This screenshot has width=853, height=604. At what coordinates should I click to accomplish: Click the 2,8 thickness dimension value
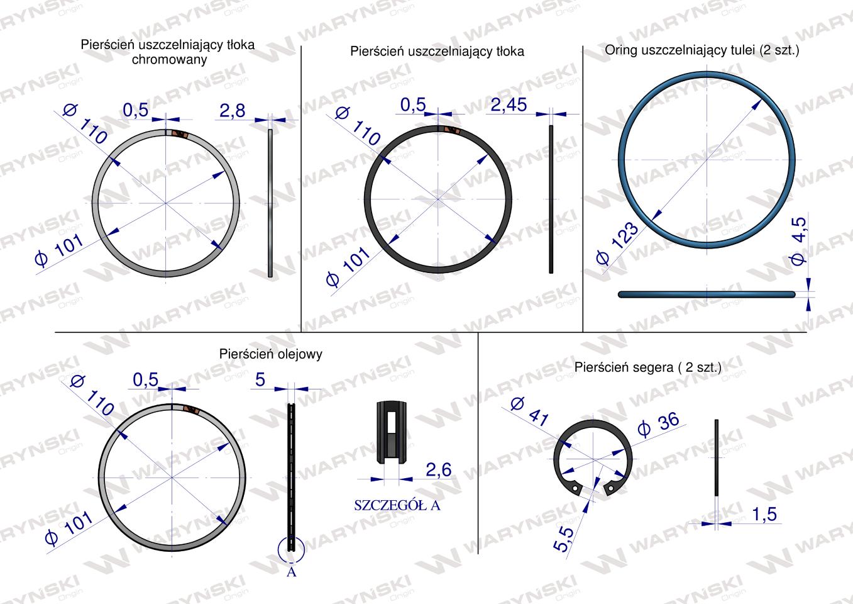233,111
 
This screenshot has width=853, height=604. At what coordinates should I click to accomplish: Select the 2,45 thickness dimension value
509,105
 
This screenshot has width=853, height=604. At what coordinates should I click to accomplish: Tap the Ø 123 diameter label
617,243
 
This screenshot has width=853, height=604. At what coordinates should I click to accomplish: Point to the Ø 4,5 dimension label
798,241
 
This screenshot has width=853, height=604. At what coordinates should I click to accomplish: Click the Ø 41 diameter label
530,411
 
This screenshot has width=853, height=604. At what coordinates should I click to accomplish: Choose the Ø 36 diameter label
658,424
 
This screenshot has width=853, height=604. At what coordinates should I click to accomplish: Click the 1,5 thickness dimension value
764,514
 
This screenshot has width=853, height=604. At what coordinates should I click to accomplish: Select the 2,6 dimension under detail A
438,469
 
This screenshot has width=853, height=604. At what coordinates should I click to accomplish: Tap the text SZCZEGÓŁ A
397,505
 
